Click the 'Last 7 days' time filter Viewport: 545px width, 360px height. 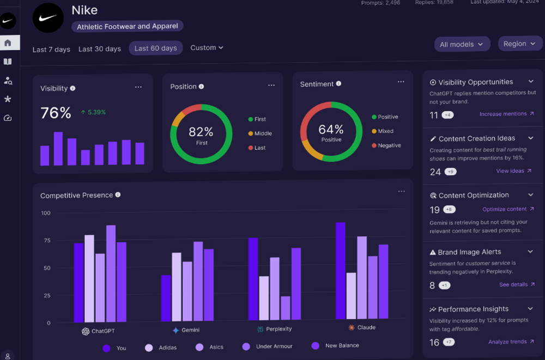[x=51, y=49]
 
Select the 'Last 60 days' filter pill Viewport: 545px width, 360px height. [x=155, y=48]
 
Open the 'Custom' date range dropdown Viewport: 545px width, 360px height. [x=207, y=48]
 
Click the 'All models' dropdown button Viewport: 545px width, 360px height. [x=462, y=44]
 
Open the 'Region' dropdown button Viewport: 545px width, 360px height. [x=520, y=44]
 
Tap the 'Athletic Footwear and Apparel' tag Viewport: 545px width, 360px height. [x=128, y=26]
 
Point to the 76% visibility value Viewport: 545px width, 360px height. [x=56, y=113]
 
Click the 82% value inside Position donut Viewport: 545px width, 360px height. [x=201, y=132]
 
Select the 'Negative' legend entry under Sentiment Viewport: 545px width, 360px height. [x=389, y=145]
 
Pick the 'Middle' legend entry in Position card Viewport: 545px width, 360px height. [x=263, y=133]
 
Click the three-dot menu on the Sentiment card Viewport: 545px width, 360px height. [x=401, y=82]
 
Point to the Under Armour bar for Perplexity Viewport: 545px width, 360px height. [x=285, y=308]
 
